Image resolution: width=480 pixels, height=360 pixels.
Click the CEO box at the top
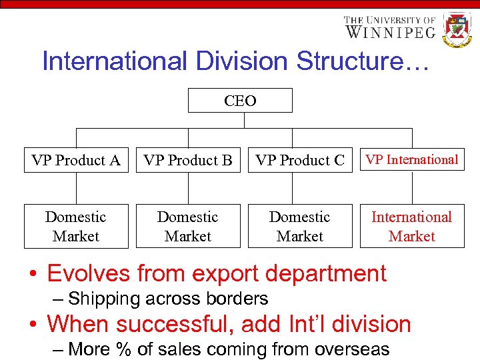(x=240, y=101)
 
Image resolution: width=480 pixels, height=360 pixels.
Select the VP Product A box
(x=76, y=160)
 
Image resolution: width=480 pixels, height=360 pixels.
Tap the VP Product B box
(x=188, y=160)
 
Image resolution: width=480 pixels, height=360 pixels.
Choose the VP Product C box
(x=300, y=160)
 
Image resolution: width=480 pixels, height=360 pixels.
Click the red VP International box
(x=412, y=159)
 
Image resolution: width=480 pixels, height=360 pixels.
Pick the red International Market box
(x=412, y=227)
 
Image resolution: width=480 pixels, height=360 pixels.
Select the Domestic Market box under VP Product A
(x=76, y=227)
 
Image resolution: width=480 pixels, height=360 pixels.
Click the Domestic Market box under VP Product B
(x=188, y=227)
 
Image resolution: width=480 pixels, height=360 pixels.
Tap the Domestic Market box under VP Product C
(x=300, y=227)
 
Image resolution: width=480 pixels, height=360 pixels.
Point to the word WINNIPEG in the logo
(x=391, y=32)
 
